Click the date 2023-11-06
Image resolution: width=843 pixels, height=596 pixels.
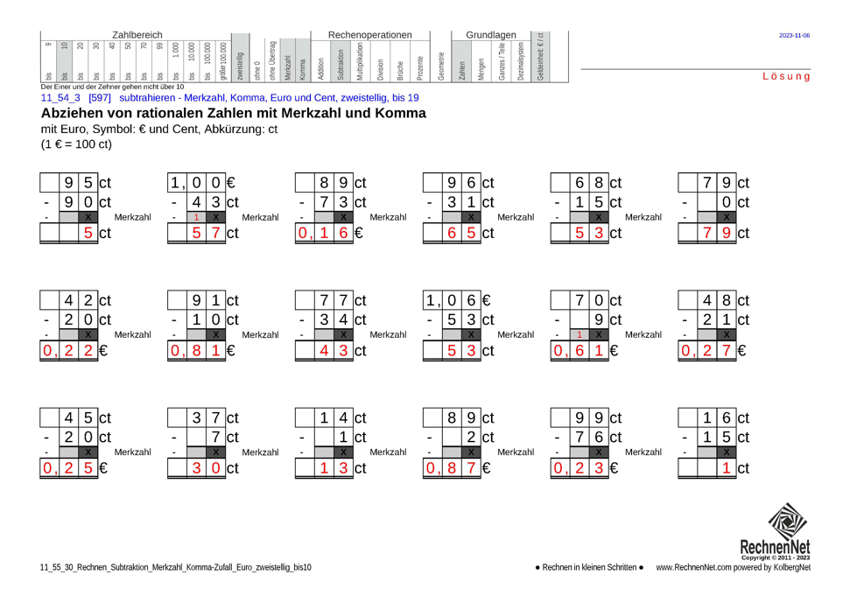[x=794, y=36]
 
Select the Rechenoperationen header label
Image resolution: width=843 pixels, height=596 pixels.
[x=369, y=33]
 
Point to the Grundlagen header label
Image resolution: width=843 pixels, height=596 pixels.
[x=490, y=33]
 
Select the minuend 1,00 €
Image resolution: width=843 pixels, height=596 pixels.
[x=202, y=183]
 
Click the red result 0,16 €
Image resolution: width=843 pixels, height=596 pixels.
[x=329, y=234]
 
